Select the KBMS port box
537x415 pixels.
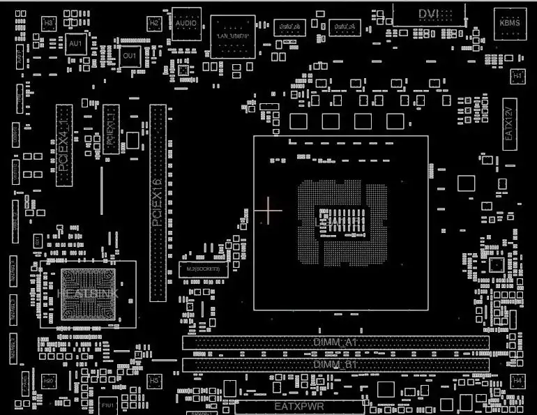[510, 23]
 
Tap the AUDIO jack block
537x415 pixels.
[186, 23]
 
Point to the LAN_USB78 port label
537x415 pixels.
[232, 35]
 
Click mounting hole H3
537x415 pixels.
[48, 24]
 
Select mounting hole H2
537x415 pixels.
[154, 23]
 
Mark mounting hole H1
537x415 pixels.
[517, 75]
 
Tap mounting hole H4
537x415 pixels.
[517, 381]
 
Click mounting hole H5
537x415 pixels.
[154, 381]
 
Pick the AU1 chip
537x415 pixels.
[75, 44]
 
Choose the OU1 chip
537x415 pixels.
[130, 55]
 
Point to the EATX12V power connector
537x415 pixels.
[509, 128]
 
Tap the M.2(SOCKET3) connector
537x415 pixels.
[203, 269]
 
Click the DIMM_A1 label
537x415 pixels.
[335, 343]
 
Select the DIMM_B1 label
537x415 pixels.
[335, 365]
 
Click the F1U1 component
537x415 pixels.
[108, 405]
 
